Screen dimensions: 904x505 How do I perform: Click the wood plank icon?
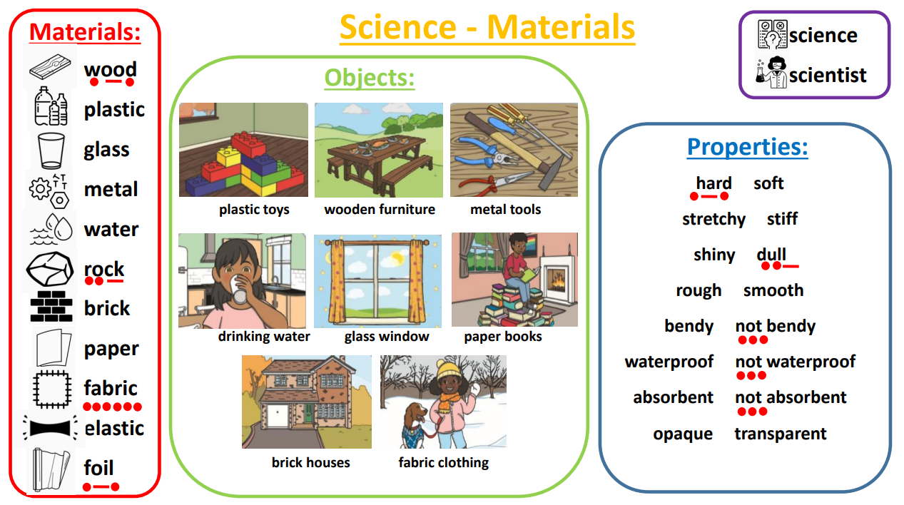tap(50, 67)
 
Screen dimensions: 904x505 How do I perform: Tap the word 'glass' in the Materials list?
tap(106, 150)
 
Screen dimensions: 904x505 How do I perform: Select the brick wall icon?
tap(51, 307)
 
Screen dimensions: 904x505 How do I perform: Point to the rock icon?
tap(50, 269)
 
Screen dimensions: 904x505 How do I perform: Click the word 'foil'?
tap(99, 468)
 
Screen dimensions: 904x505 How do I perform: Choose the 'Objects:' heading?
tap(370, 78)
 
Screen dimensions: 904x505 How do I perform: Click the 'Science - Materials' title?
tap(487, 27)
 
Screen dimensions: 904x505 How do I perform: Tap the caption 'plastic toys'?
tap(254, 210)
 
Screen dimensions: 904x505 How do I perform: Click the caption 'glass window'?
tap(387, 337)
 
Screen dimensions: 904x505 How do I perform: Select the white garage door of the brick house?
tap(278, 416)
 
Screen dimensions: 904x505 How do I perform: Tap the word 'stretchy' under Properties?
tap(714, 220)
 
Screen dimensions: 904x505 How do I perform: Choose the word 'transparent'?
tap(781, 434)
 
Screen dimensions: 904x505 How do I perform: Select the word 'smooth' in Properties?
tap(773, 290)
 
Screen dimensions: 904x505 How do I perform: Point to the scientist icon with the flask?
tap(771, 73)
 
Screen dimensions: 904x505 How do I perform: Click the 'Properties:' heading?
tap(748, 147)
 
